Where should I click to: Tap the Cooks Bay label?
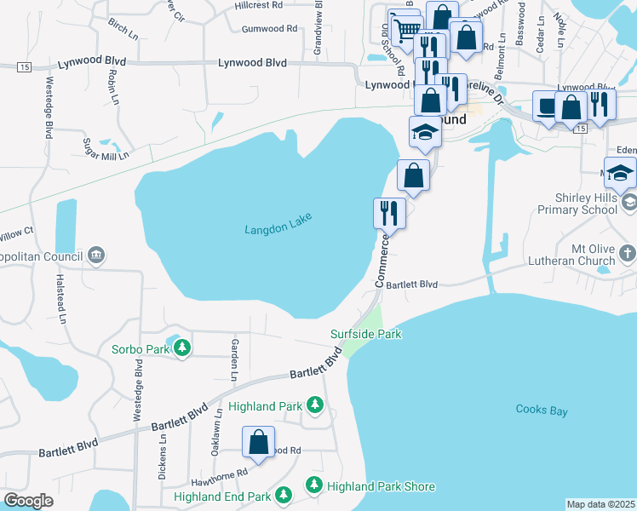541,411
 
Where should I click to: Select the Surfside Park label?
366,334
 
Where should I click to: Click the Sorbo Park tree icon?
182,348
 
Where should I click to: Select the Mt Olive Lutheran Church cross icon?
627,253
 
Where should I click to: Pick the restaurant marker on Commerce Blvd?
390,212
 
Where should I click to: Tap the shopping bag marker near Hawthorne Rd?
258,441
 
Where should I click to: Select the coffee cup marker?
546,106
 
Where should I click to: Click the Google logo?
28,501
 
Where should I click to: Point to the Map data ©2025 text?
601,504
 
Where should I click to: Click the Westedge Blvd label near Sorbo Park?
137,391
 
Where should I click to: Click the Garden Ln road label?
234,359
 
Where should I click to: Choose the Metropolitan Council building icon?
95,255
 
